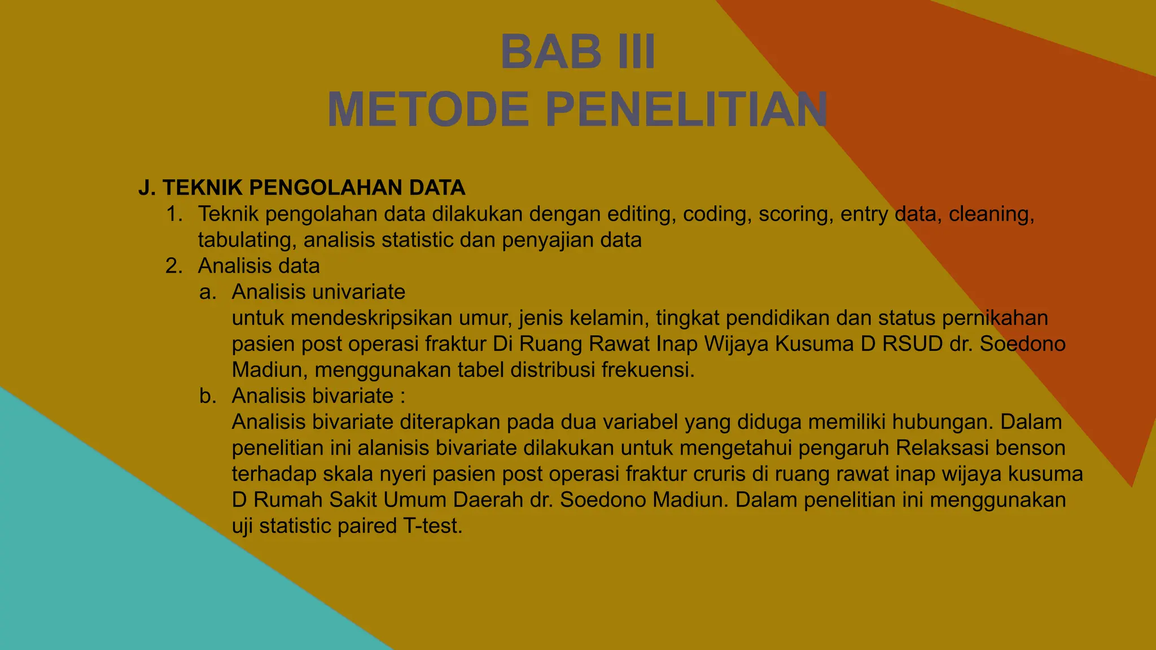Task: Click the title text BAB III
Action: [x=577, y=52]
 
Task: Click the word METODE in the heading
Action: [x=428, y=110]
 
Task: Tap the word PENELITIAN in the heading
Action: [x=686, y=110]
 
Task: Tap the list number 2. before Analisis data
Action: [x=174, y=266]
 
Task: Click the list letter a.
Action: [x=208, y=292]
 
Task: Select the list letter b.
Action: [x=208, y=396]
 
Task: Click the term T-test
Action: [x=432, y=526]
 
